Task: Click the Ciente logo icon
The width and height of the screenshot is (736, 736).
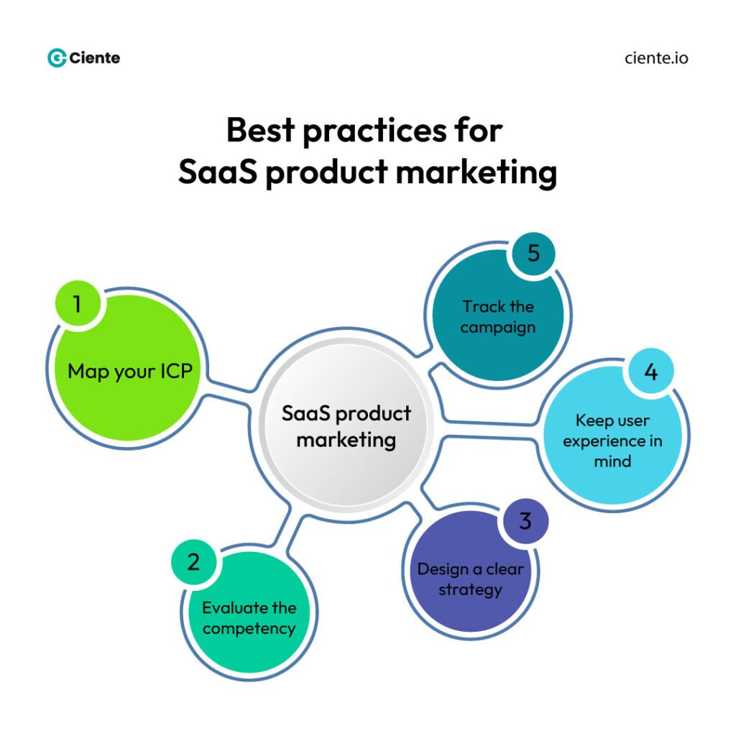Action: [57, 58]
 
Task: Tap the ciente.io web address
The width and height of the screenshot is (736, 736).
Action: [656, 58]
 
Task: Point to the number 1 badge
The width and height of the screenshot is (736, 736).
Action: [77, 305]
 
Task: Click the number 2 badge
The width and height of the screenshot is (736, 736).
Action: [193, 561]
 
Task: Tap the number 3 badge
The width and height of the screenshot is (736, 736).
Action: [525, 520]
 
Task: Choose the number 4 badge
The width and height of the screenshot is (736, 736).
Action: [650, 372]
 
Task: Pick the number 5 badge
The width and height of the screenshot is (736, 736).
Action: [533, 254]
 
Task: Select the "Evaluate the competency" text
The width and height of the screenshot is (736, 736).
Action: [249, 618]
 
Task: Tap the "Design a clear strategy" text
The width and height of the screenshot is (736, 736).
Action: [470, 579]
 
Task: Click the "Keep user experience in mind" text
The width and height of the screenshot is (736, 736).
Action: [612, 441]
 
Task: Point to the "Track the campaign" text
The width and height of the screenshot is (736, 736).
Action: [498, 317]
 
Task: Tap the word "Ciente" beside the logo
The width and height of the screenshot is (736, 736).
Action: [95, 58]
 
